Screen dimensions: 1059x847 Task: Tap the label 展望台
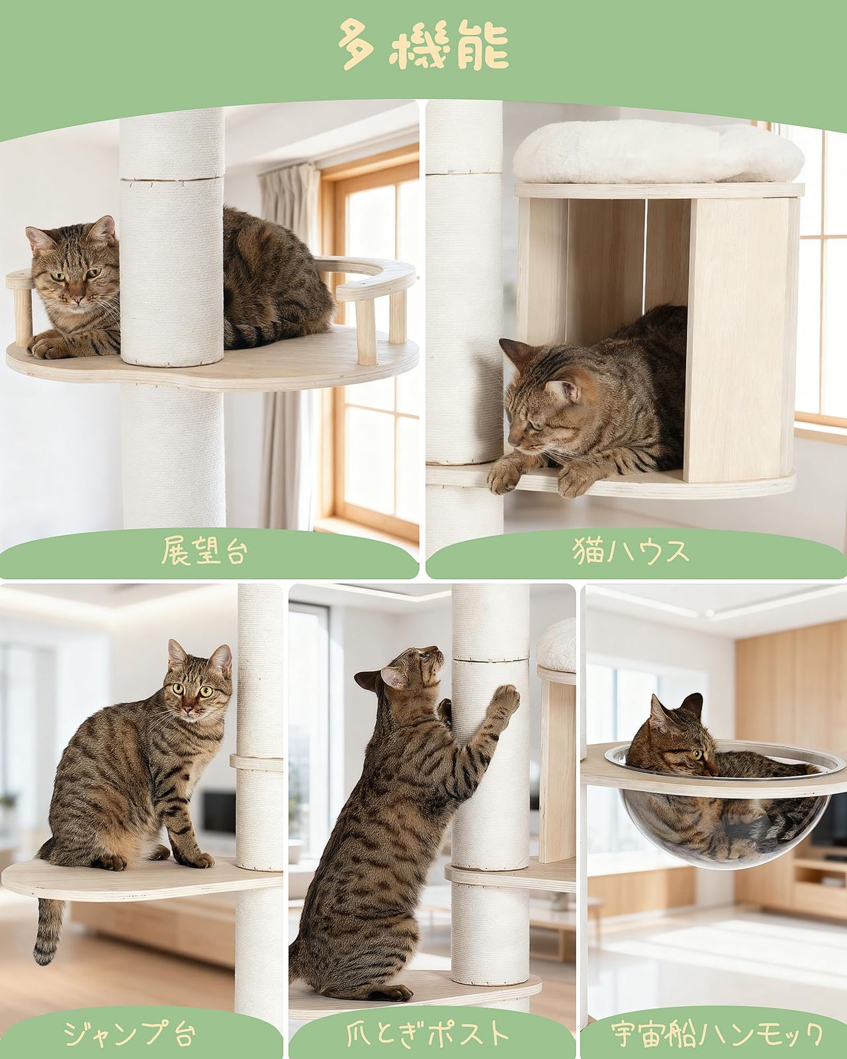pyautogui.click(x=205, y=551)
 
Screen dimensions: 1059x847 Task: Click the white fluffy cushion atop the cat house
pyautogui.click(x=658, y=154)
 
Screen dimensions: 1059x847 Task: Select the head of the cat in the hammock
pyautogui.click(x=682, y=738)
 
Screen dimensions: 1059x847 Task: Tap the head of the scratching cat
pyautogui.click(x=410, y=668)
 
